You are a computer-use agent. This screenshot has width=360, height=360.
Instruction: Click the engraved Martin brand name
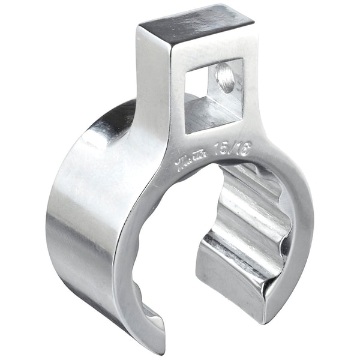[190, 160]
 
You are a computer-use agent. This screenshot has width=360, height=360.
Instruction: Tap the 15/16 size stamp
[222, 149]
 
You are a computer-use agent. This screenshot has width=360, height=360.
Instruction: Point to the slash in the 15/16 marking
[222, 149]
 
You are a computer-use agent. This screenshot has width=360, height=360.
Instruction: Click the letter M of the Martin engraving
[181, 163]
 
